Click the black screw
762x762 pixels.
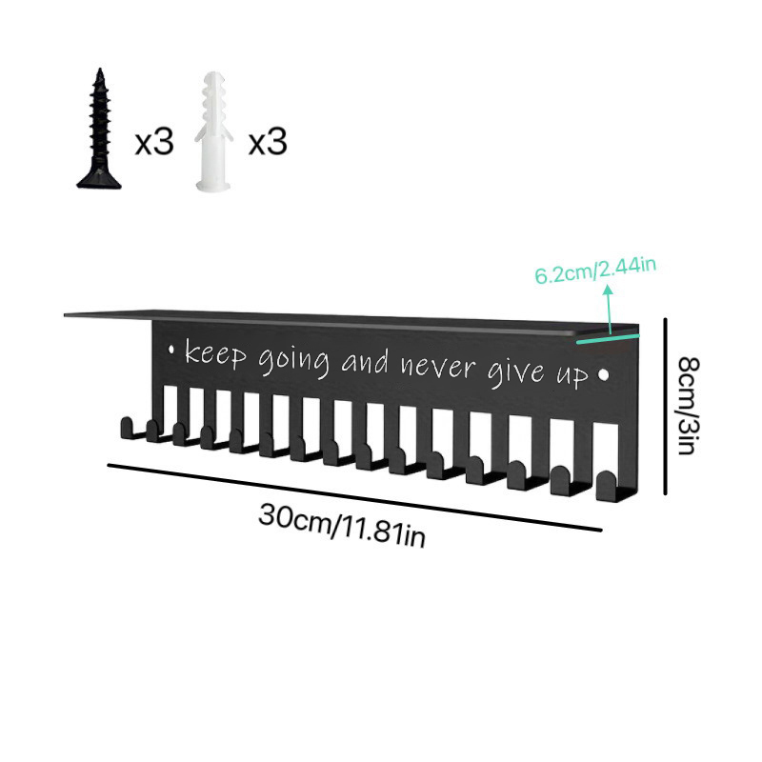click(99, 129)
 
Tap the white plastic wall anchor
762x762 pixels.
click(212, 131)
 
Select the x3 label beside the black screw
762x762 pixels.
click(154, 142)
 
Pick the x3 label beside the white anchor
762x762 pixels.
click(268, 142)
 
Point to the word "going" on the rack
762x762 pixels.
click(294, 362)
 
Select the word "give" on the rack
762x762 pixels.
click(517, 371)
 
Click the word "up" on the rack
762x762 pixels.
click(572, 374)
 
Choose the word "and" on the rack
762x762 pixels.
click(366, 361)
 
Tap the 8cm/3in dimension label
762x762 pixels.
click(688, 406)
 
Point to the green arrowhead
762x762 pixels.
click(607, 291)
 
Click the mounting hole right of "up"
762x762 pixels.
click(604, 374)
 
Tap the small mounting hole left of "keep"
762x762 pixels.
click(171, 349)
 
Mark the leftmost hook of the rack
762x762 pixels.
click(128, 429)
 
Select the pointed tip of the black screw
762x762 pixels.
click(100, 70)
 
